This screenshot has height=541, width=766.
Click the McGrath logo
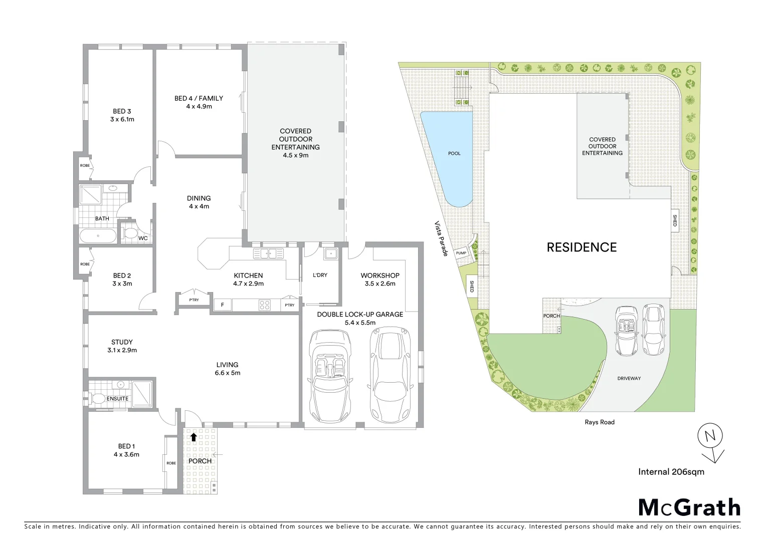click(x=689, y=507)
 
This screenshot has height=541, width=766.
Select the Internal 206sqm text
click(x=671, y=472)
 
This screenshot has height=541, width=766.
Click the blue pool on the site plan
click(x=451, y=155)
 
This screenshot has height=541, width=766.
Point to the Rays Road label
click(x=599, y=422)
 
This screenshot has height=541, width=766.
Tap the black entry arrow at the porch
click(x=194, y=437)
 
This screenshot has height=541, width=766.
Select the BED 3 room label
click(x=122, y=112)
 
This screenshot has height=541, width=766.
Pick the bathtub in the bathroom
click(x=98, y=235)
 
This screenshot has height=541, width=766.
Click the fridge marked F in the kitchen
click(x=222, y=305)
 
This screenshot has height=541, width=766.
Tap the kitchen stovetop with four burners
click(x=264, y=304)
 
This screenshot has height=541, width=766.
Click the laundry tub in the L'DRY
click(x=330, y=253)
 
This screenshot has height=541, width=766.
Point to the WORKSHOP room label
click(x=379, y=276)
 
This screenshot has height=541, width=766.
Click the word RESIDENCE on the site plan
click(x=582, y=247)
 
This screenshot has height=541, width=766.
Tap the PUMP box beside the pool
click(x=461, y=253)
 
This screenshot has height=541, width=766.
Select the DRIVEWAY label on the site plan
click(x=629, y=379)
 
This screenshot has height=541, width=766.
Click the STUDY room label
click(x=122, y=342)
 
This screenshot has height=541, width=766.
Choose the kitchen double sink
click(x=268, y=253)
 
